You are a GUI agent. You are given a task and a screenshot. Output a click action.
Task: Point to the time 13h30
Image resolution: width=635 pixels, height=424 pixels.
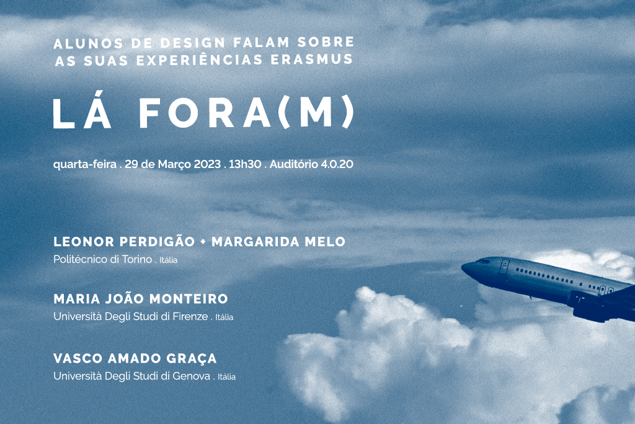(245, 164)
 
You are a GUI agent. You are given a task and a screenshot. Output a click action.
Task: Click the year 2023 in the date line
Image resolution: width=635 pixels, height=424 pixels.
(207, 164)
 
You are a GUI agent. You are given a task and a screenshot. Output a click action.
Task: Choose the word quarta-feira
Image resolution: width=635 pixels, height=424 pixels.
(85, 164)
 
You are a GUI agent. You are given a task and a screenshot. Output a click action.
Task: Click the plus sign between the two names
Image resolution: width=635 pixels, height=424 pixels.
(203, 242)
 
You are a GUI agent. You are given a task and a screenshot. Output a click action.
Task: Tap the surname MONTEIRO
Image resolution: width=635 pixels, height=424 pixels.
(189, 299)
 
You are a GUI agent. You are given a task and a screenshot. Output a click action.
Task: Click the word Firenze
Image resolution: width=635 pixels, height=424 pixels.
(190, 316)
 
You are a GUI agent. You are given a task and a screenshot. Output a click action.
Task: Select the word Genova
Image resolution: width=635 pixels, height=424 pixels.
(191, 376)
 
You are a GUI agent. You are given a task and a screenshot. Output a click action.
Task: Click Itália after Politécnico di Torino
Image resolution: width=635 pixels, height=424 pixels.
(169, 260)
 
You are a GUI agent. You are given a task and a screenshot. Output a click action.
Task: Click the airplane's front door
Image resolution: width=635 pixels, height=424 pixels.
(504, 267)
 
